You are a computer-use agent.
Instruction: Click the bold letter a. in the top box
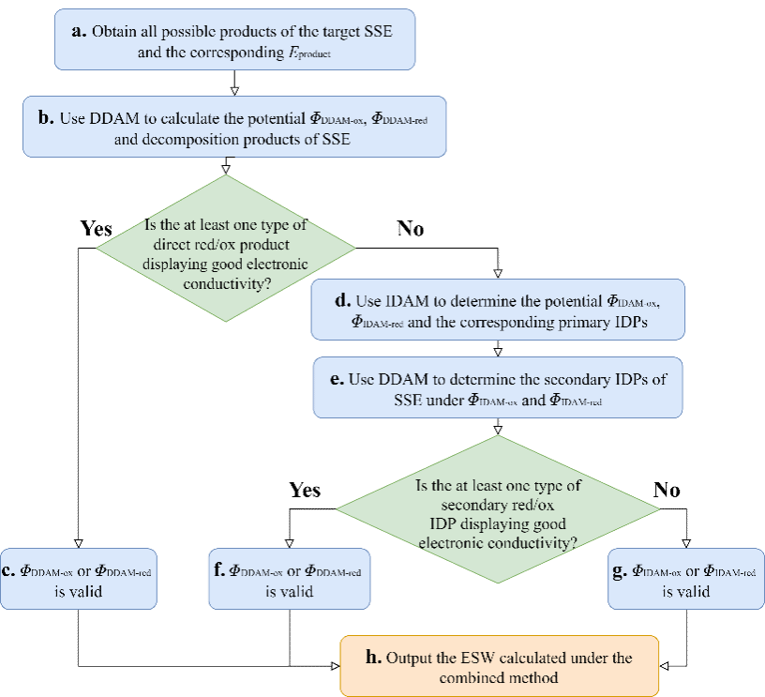(80, 31)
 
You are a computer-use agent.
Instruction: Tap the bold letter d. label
(342, 301)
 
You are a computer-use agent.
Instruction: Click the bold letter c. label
(7, 571)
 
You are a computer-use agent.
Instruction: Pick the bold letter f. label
(218, 571)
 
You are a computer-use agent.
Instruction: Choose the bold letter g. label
(620, 571)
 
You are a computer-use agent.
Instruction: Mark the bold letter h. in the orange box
(373, 658)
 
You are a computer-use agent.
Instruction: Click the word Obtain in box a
(113, 32)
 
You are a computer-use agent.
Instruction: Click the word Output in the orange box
(410, 659)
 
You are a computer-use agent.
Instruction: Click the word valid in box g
(687, 592)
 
